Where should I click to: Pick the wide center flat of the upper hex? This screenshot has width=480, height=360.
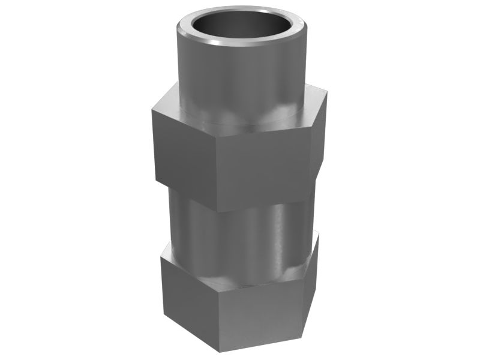264,171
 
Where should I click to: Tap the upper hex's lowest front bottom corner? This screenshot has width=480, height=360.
217,212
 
